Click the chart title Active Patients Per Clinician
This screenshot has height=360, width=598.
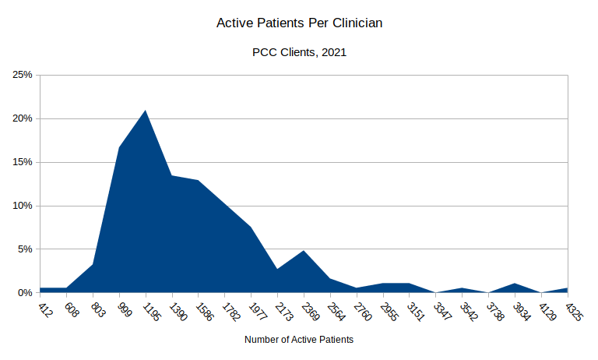(x=299, y=23)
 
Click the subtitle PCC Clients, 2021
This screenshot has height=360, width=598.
(x=299, y=53)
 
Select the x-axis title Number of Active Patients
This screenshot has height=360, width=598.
(x=299, y=340)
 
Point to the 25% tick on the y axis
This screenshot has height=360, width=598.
(x=22, y=75)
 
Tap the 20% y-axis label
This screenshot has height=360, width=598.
(x=22, y=118)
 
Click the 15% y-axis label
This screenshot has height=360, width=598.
(x=22, y=162)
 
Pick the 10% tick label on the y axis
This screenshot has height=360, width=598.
(x=22, y=206)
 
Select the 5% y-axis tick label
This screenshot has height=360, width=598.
(x=24, y=249)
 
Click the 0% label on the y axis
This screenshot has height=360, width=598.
(x=24, y=293)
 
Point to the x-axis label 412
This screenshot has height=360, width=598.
(x=46, y=310)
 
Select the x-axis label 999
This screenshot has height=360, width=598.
(x=125, y=310)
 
